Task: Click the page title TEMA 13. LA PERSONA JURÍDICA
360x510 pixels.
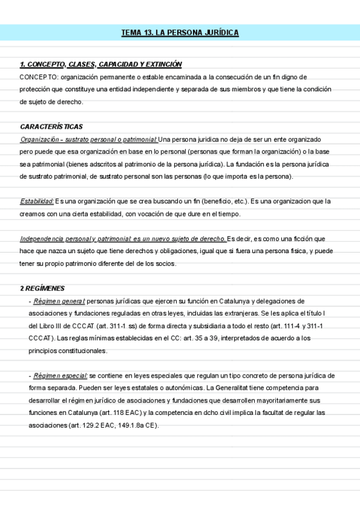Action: [x=180, y=32]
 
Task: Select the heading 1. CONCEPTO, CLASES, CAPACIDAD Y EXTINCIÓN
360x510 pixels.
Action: [x=100, y=64]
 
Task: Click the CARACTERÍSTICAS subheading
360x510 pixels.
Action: [x=51, y=127]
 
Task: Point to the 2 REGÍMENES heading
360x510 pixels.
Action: [x=42, y=288]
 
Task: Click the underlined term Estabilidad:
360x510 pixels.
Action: [x=37, y=201]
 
